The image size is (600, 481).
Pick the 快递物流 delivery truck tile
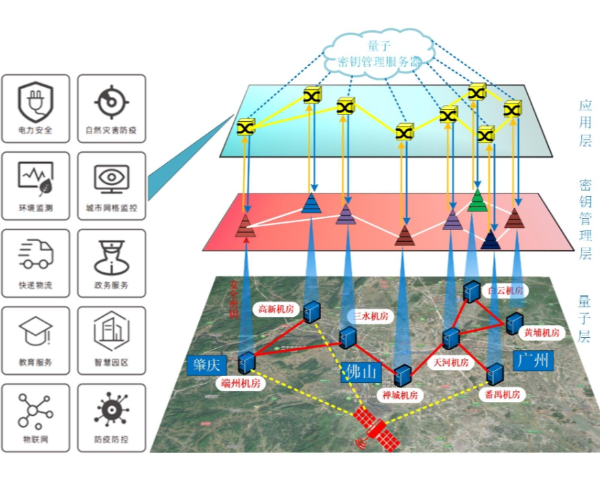coord(36,263)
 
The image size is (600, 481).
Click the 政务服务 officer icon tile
coord(111,263)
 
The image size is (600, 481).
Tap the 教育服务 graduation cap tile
coord(36,340)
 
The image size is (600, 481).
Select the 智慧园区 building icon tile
coord(111,340)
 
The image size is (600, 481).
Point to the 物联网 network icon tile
coord(36,417)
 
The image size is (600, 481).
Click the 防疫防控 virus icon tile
coord(111,417)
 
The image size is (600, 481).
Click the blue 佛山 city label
coord(360,372)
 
